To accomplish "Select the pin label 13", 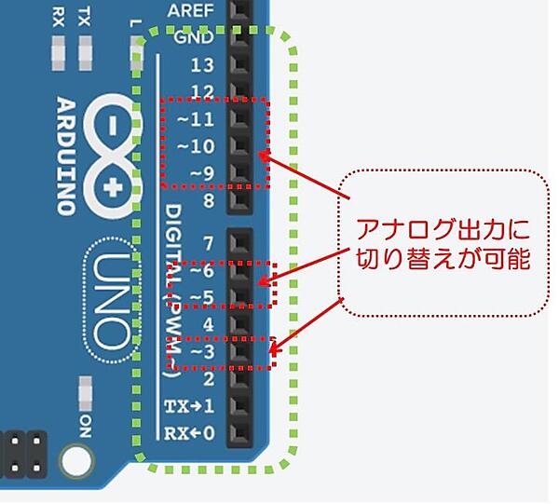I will click(202, 65).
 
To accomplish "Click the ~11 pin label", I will click(196, 118).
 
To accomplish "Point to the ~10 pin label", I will click(196, 145).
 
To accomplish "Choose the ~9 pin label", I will click(200, 172).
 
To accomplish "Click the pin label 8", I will click(208, 199).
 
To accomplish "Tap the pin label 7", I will click(208, 244).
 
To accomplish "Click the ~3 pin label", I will click(202, 353).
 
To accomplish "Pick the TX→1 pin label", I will click(190, 406).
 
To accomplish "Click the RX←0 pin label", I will click(190, 433).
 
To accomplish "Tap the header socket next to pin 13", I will click(240, 65).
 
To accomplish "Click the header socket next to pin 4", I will click(240, 325).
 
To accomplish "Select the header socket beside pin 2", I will click(240, 379).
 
